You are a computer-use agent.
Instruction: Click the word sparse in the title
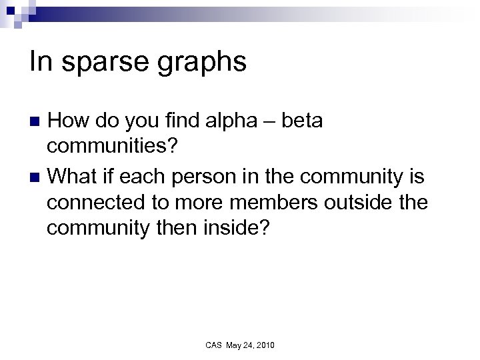[x=93, y=64]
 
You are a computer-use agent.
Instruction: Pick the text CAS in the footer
[x=213, y=345]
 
